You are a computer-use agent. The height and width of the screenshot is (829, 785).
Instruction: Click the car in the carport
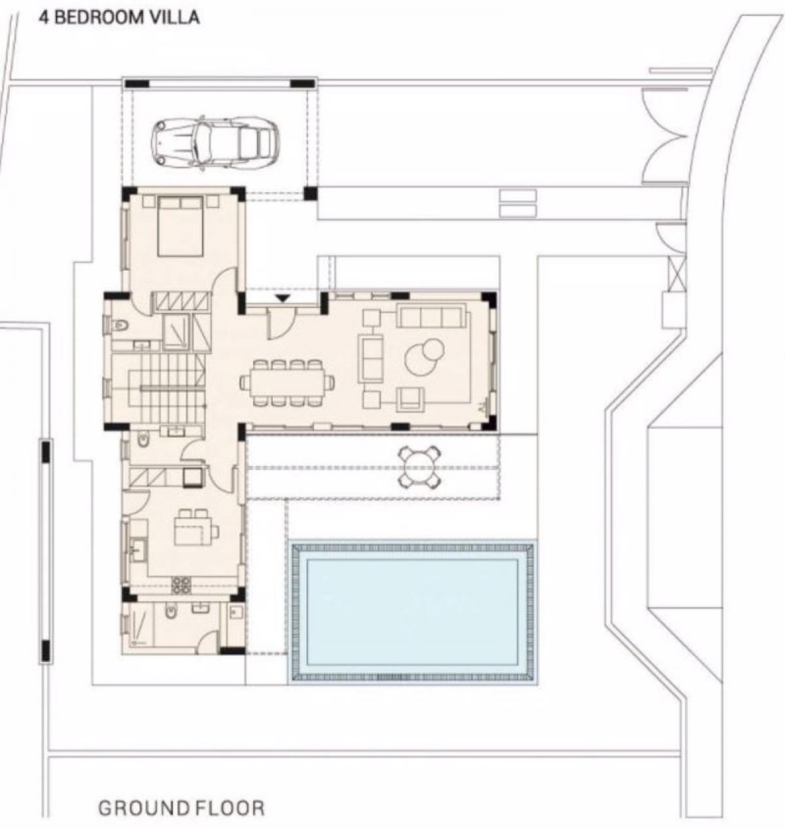coord(214,143)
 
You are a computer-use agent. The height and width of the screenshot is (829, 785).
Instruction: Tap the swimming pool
coord(412,612)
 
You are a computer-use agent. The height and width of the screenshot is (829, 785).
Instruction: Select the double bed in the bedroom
coord(180,226)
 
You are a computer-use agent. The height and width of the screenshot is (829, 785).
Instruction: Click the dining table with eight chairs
coord(288,383)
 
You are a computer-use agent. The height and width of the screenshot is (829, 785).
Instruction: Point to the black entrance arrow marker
coord(283,298)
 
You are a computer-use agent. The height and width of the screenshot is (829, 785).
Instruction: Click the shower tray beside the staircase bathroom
coord(176,332)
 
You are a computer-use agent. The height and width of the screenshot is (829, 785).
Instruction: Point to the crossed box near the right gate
coord(676,273)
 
